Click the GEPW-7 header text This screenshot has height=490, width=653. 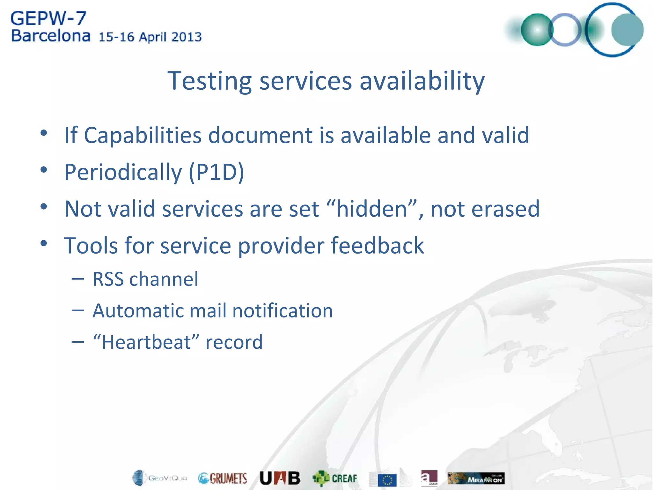coord(48,19)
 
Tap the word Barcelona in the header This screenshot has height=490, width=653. coord(51,36)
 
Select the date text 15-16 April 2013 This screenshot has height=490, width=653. coord(150,37)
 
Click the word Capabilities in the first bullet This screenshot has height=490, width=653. coord(143,135)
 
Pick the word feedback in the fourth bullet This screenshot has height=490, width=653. coord(378,246)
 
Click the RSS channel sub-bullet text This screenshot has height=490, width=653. coord(145,279)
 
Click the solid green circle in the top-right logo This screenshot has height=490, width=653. coord(537,30)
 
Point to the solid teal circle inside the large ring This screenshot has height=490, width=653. coord(627,30)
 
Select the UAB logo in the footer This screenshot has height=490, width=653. coord(280,478)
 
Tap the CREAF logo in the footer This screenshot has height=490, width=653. coord(335,478)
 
